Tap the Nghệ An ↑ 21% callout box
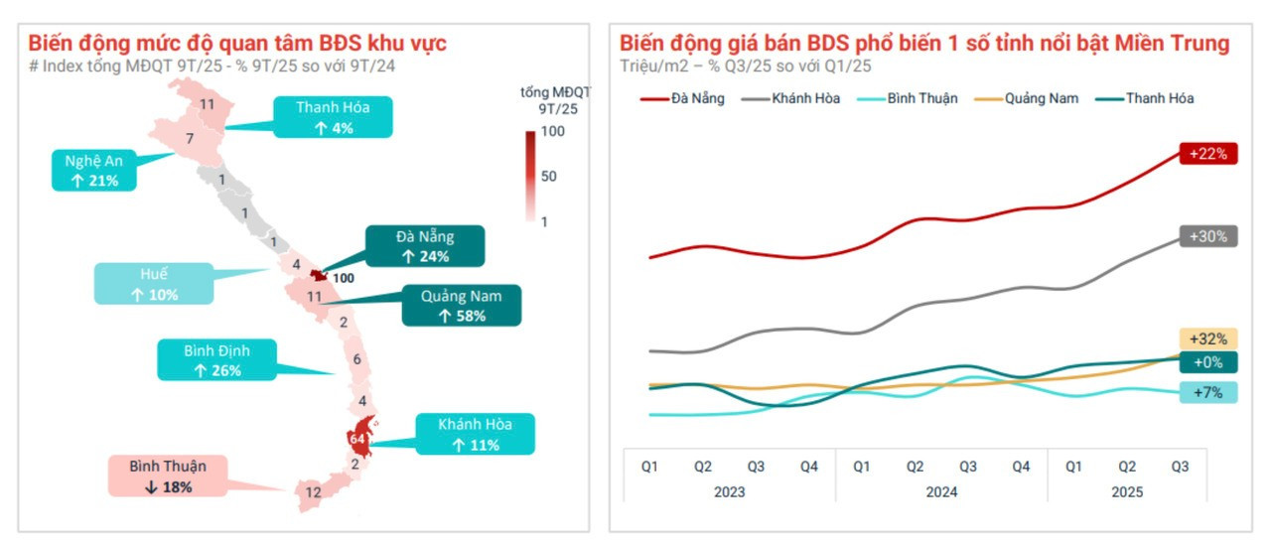pos(94,171)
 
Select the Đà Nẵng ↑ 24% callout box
pos(425,246)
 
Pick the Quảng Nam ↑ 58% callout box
pos(461,305)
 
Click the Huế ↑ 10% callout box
pos(154,284)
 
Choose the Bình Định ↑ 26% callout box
pos(216,359)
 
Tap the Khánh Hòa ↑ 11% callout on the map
pos(475,434)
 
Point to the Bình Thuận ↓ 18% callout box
pos(166,475)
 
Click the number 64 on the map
pos(357,438)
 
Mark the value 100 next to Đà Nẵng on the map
pos(344,278)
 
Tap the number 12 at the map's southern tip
pos(313,491)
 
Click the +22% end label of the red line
pos(1207,154)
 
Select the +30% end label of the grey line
pos(1207,236)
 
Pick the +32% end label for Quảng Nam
pos(1208,339)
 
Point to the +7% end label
pos(1208,392)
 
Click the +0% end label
pos(1208,362)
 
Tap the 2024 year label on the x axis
pos(941,491)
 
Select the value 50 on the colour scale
pos(549,176)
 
